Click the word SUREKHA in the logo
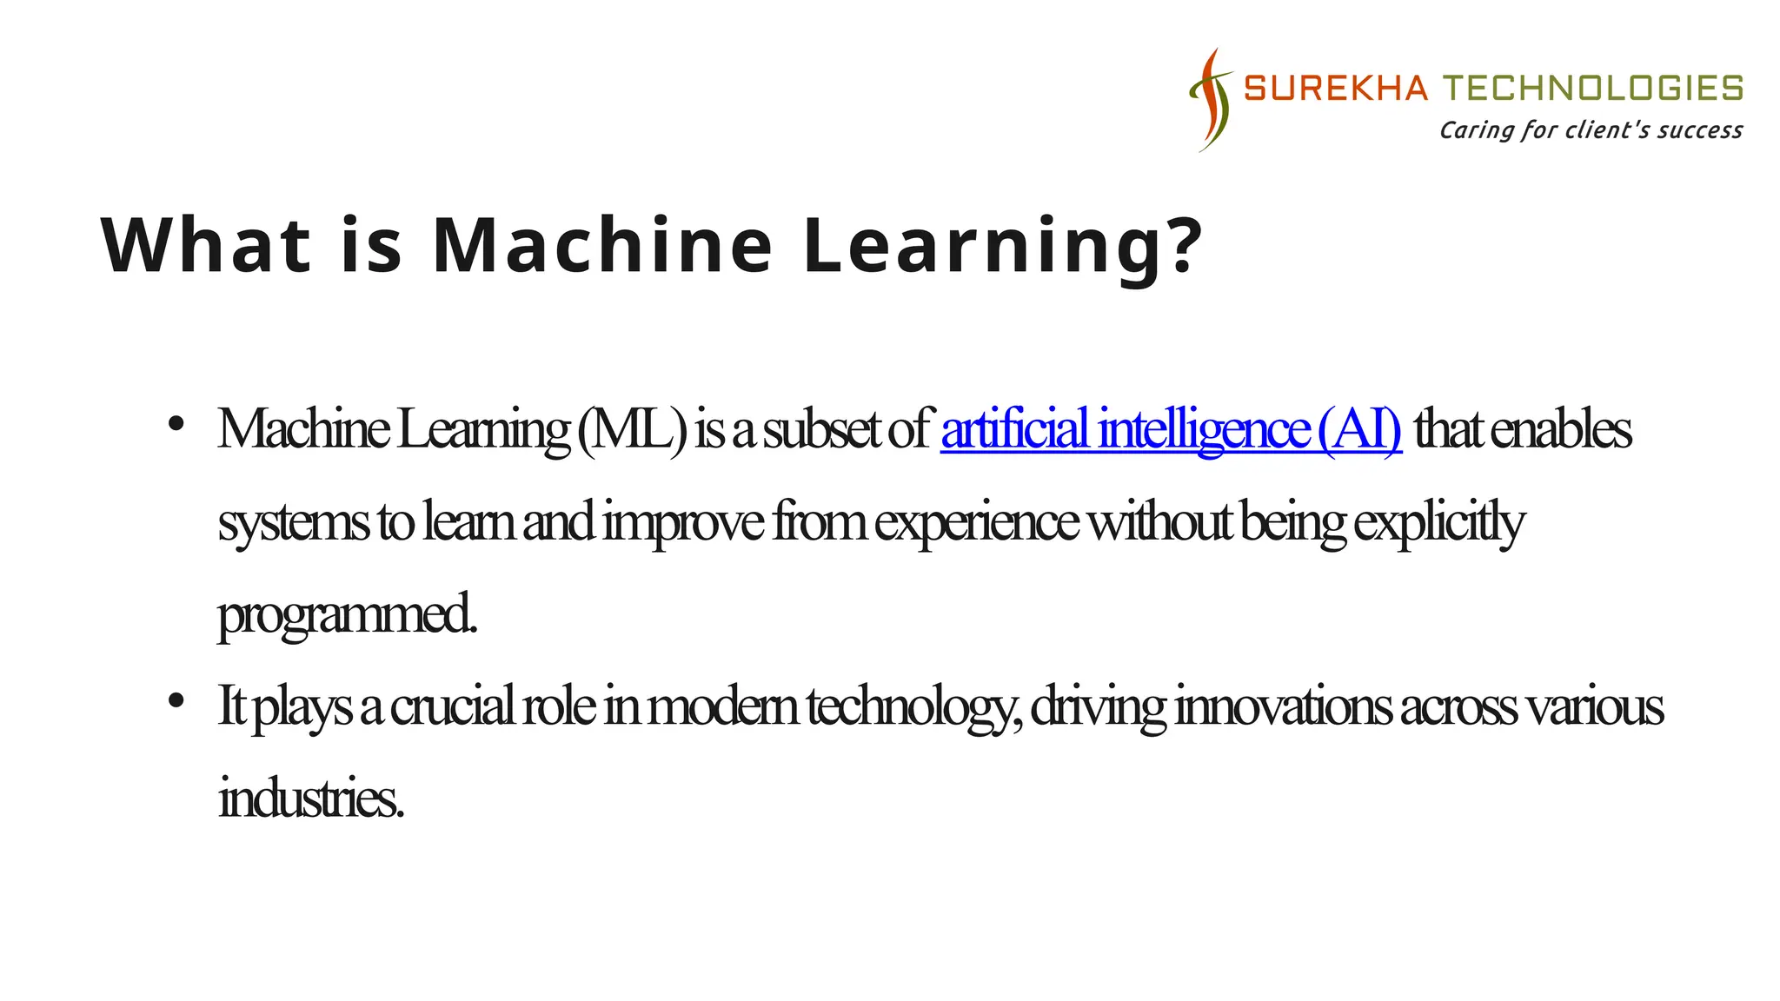tap(1335, 89)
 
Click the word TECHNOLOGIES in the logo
tap(1593, 89)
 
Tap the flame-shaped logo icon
tap(1211, 100)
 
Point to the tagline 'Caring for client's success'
tap(1590, 130)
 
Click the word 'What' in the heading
tap(206, 245)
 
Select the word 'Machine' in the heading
tap(601, 245)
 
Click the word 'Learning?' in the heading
tap(1003, 247)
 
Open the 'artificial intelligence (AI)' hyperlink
tap(1171, 429)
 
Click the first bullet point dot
tap(176, 424)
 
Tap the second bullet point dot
tap(176, 700)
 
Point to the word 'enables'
tap(1560, 429)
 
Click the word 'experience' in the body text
tap(976, 523)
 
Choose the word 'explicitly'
tap(1438, 523)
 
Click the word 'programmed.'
tap(347, 615)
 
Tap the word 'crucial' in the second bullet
tap(452, 706)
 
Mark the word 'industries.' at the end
tap(310, 798)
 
